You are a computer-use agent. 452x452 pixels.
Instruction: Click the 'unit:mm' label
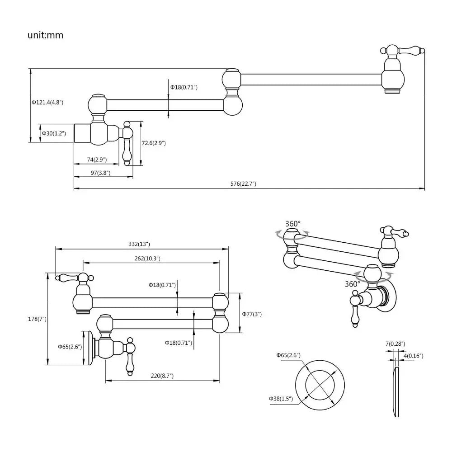click(x=45, y=35)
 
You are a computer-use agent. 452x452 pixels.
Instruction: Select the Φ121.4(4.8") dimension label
click(x=47, y=103)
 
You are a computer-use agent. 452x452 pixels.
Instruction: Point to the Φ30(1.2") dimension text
click(x=54, y=133)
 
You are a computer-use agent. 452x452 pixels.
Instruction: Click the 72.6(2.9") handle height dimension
click(x=154, y=143)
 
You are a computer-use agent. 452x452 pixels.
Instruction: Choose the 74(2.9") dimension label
click(x=97, y=159)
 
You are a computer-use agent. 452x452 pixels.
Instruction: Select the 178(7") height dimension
click(x=37, y=319)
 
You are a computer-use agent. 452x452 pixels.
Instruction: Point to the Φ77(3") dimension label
click(x=252, y=314)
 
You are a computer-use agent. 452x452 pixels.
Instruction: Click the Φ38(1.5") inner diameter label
click(x=281, y=398)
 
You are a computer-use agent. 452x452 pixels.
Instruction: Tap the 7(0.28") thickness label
click(x=395, y=344)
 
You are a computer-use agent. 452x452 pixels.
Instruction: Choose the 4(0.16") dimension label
click(x=413, y=356)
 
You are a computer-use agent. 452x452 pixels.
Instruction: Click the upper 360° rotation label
click(x=293, y=223)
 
